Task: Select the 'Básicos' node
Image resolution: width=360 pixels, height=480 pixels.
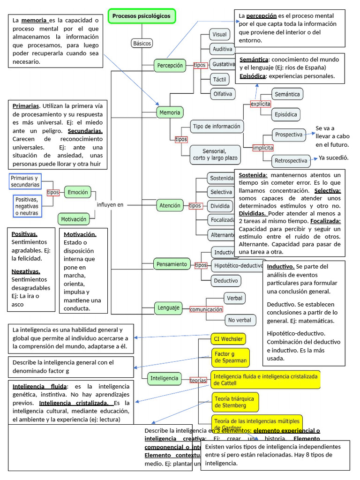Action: point(142,43)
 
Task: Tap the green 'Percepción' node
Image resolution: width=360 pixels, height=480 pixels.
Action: point(170,66)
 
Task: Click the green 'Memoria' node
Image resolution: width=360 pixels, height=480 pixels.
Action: point(170,112)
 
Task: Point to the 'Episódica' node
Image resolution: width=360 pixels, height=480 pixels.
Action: point(286,114)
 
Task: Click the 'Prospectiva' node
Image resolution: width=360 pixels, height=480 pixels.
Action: point(288,135)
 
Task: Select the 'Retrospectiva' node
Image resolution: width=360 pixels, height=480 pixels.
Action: point(291,161)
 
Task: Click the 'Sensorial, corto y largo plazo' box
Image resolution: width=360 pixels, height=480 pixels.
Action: point(214,154)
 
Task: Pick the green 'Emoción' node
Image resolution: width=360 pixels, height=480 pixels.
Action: point(77,192)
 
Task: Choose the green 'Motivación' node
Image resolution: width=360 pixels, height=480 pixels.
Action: point(74,219)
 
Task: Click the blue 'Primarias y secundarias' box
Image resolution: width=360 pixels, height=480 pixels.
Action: point(25,181)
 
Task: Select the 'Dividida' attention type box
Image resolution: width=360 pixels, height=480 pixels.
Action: point(220,206)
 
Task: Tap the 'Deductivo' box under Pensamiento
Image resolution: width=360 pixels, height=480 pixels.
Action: point(226,281)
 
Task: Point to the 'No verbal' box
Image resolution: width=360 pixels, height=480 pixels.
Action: point(240,320)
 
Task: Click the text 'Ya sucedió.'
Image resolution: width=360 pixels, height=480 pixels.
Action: point(334,158)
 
